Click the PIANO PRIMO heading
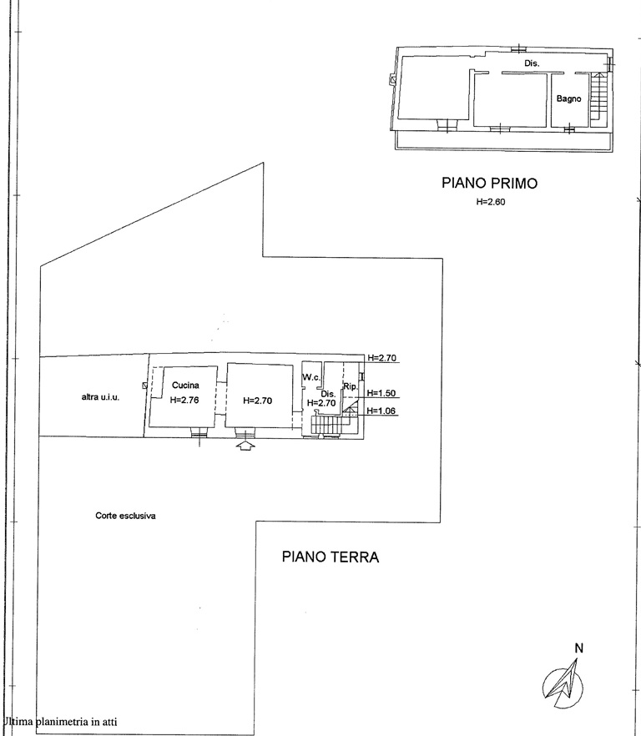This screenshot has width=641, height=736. (x=489, y=183)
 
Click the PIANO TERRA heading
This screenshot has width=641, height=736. (x=331, y=557)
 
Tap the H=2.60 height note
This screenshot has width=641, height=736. (x=491, y=202)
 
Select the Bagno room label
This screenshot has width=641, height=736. (x=568, y=98)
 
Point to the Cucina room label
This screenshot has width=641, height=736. (x=185, y=386)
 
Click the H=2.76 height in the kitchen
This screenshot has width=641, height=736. (x=184, y=401)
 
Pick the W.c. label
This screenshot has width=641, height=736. (x=311, y=377)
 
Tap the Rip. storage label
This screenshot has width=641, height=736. (x=351, y=387)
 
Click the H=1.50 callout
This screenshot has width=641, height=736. (x=381, y=393)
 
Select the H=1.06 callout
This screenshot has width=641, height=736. (x=381, y=411)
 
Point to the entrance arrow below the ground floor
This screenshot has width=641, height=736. (x=245, y=446)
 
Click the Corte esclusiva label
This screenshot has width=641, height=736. (x=125, y=516)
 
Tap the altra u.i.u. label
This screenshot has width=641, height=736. (x=100, y=397)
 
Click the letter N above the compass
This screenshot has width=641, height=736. (x=578, y=648)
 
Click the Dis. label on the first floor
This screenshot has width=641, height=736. (x=532, y=63)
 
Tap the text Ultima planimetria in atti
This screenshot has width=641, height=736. (x=59, y=722)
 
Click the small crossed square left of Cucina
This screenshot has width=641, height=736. (x=145, y=386)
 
